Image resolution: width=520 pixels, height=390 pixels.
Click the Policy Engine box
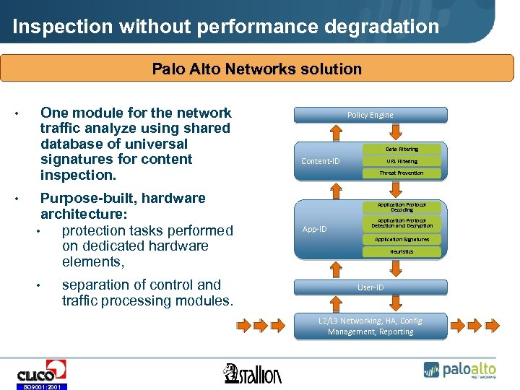pos(370,115)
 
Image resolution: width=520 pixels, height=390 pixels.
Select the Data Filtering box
pos(402,149)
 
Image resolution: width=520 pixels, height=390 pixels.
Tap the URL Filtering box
pos(402,161)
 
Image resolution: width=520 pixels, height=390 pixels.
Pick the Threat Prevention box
pos(402,173)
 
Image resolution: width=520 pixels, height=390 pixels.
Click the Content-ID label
pos(320,161)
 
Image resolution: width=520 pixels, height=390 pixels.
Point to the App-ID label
pos(314,229)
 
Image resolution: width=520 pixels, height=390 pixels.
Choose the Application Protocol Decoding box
pos(402,207)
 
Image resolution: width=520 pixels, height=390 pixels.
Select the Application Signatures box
pos(402,239)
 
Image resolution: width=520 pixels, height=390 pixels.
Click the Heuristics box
pos(402,251)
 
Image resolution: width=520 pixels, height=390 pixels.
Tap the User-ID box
pos(370,287)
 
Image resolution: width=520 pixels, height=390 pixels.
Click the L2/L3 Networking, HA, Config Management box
pos(370,326)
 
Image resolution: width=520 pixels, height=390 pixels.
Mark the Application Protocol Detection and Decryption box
pos(402,223)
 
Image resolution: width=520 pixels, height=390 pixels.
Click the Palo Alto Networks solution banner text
pos(256,69)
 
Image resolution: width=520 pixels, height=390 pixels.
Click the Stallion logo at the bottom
pos(253,373)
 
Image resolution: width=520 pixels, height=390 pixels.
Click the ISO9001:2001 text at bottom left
pos(41,386)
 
